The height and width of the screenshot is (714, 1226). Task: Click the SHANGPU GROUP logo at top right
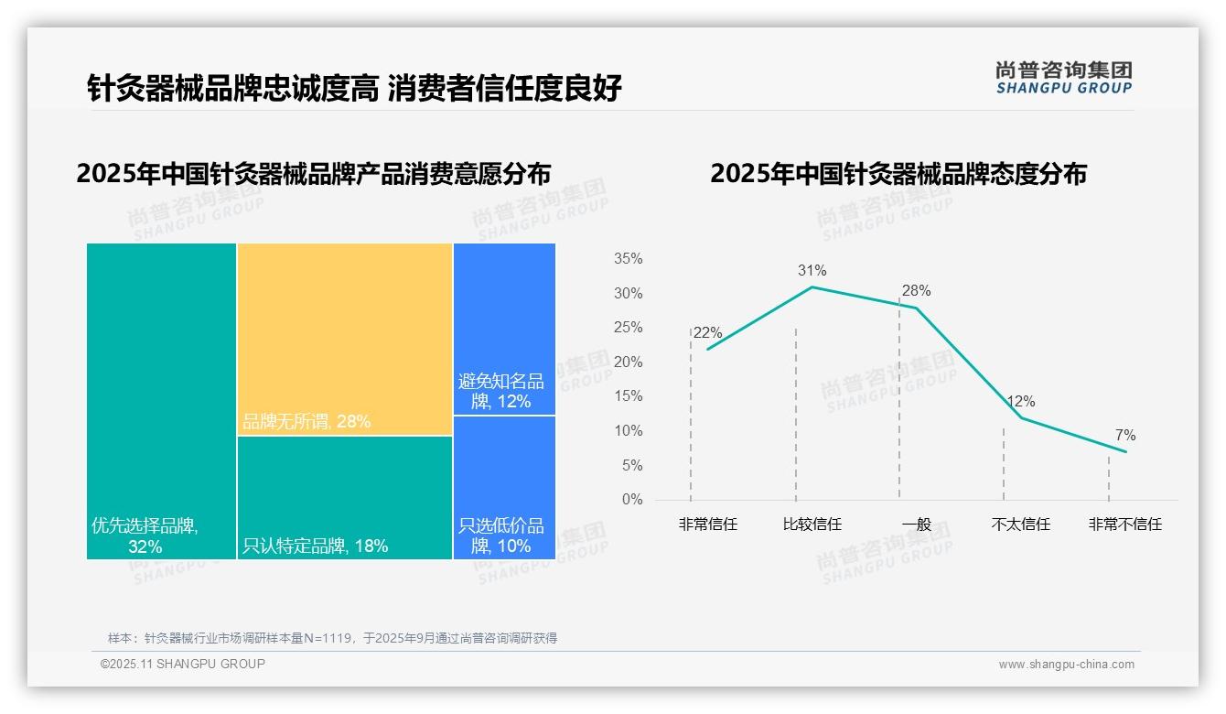(x=1063, y=78)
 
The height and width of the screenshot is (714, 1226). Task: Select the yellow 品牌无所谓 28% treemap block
(x=345, y=338)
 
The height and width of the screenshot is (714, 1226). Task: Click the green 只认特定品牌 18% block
(x=345, y=496)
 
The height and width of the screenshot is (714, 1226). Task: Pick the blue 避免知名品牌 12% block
(x=504, y=330)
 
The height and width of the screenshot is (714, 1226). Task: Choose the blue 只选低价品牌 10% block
(x=504, y=487)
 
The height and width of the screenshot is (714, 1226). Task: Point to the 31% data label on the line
(x=812, y=270)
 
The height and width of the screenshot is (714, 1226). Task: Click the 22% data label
(x=707, y=332)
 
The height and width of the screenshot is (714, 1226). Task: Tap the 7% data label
(x=1124, y=435)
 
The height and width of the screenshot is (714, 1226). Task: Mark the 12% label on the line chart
(x=1020, y=401)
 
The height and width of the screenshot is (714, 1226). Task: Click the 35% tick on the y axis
(x=628, y=259)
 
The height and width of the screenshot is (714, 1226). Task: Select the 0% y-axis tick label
(x=631, y=500)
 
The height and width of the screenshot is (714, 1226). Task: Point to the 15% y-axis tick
(x=628, y=396)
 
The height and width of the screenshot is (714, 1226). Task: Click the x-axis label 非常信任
(x=707, y=525)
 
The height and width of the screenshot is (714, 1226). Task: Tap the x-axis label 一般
(x=916, y=525)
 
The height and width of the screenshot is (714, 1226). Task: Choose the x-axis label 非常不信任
(x=1124, y=525)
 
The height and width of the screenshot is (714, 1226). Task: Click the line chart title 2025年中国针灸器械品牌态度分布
(x=898, y=174)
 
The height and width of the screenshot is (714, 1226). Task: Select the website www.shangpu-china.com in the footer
(x=1066, y=665)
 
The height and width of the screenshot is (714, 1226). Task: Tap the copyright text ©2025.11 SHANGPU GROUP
(x=183, y=664)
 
